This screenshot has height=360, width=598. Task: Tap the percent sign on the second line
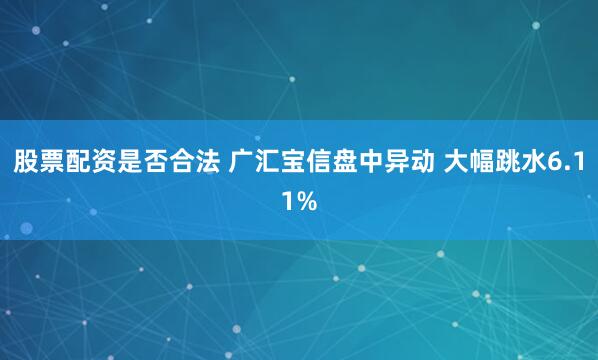307,201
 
